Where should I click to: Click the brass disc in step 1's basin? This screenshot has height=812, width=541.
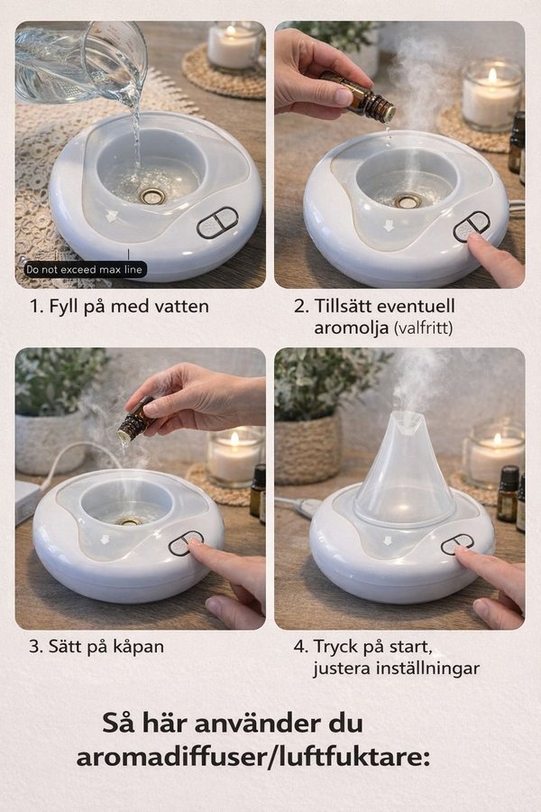coord(152,197)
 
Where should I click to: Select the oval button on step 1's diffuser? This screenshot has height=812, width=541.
coord(217,223)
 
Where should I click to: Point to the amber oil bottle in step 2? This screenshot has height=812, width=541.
coord(359,97)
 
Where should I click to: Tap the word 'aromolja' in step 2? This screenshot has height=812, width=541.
coord(351,328)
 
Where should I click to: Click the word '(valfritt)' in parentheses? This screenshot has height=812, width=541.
coord(423,328)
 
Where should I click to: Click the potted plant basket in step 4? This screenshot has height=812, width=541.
coord(307,449)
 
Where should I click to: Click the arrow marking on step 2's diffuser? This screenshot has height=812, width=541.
coord(387,226)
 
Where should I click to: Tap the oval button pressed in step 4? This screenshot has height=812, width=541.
coord(457,545)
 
